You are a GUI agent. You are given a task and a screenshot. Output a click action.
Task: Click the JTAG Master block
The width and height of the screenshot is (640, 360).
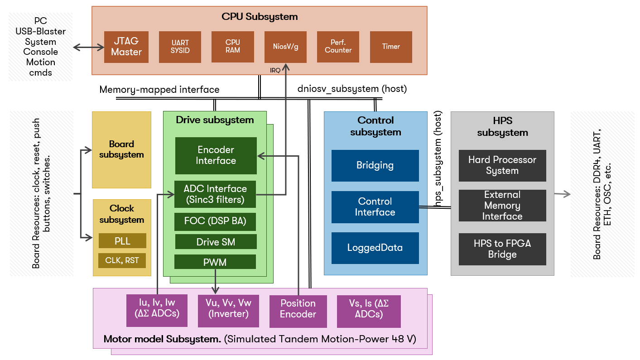(126, 47)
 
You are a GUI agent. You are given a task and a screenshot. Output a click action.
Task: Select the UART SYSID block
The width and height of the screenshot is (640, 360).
(180, 47)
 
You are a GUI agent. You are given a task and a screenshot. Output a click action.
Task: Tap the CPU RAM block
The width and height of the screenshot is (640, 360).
(232, 47)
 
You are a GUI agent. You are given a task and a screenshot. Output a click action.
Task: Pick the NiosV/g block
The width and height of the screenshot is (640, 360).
(285, 47)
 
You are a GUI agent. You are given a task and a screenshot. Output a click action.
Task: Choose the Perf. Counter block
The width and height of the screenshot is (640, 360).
(338, 47)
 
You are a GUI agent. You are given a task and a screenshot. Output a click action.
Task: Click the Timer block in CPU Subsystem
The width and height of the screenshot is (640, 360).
(391, 47)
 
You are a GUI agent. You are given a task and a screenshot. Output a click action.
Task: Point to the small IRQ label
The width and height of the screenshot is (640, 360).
(275, 70)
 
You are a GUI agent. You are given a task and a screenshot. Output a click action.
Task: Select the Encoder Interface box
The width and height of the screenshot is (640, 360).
(216, 155)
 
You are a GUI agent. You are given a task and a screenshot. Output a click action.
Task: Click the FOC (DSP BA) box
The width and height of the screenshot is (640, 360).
(215, 222)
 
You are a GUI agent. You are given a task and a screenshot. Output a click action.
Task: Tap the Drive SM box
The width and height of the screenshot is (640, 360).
(215, 242)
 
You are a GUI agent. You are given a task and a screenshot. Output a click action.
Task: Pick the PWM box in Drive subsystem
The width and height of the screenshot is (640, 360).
(215, 262)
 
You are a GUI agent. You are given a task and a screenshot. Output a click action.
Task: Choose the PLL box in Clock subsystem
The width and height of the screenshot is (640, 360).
(122, 241)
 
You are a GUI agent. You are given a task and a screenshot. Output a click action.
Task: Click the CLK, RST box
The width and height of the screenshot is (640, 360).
(122, 260)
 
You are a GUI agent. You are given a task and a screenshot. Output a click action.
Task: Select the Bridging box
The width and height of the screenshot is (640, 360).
(375, 165)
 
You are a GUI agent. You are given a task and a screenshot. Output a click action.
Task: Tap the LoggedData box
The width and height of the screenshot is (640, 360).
(375, 248)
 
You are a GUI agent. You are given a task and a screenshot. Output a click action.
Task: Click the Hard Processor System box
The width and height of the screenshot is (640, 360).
(502, 165)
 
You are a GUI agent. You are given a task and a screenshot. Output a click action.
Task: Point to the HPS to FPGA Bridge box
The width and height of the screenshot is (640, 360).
(502, 249)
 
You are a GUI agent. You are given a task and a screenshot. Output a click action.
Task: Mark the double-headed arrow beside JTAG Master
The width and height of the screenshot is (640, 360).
(88, 47)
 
